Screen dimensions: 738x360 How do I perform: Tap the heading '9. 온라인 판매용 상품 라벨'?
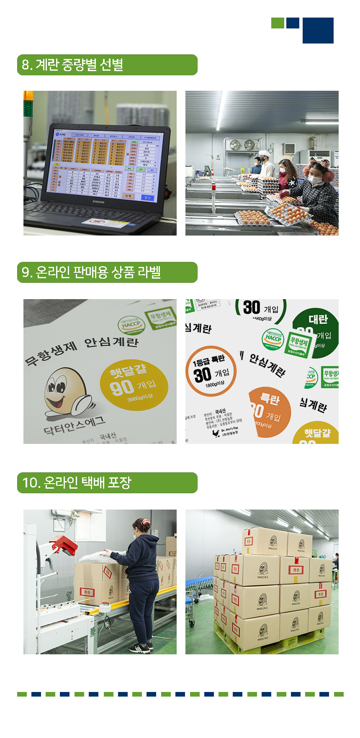(91, 272)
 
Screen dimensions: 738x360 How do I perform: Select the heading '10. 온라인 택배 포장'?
(77, 483)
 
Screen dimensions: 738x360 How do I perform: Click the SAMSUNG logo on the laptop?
(98, 202)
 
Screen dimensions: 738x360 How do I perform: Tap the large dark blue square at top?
(318, 31)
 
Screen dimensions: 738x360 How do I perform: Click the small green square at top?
(277, 23)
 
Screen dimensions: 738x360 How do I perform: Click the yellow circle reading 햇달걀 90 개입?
(134, 384)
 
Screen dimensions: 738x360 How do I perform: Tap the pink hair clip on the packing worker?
(144, 522)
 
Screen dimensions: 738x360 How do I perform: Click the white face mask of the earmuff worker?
(315, 179)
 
